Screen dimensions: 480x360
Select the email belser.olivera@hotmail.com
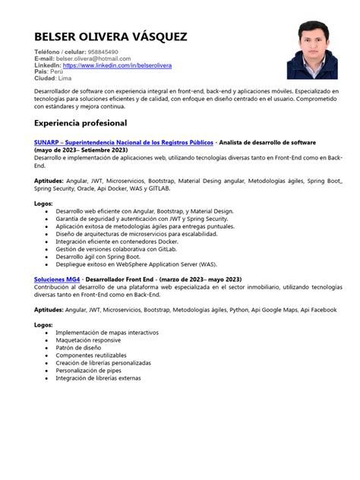click(x=98, y=58)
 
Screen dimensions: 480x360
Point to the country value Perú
click(x=58, y=72)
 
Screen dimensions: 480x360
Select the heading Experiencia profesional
click(x=81, y=122)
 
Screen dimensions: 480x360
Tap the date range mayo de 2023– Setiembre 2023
click(x=81, y=150)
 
